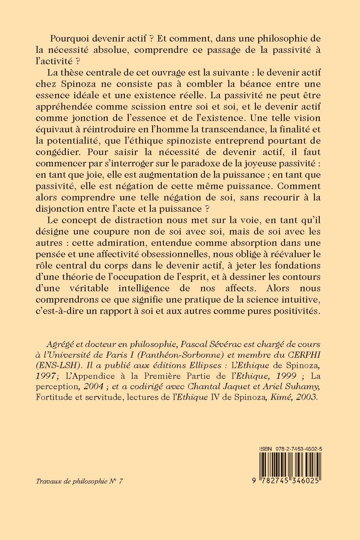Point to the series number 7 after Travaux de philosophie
[x=121, y=482]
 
